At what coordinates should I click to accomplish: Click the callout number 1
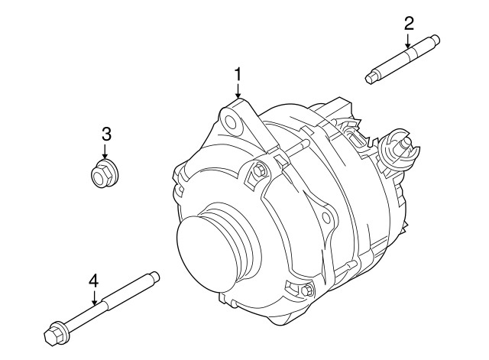[x=238, y=74]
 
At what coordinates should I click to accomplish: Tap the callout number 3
[x=106, y=135]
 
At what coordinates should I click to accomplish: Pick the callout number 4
[x=93, y=282]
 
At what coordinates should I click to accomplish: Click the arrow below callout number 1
[x=238, y=89]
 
